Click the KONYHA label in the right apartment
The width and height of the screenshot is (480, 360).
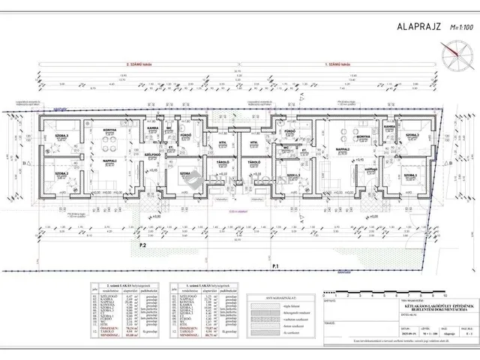364,136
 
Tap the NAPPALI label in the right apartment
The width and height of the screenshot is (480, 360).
343,149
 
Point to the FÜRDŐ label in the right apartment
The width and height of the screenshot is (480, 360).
289,130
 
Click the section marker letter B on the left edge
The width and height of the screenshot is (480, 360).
25,161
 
